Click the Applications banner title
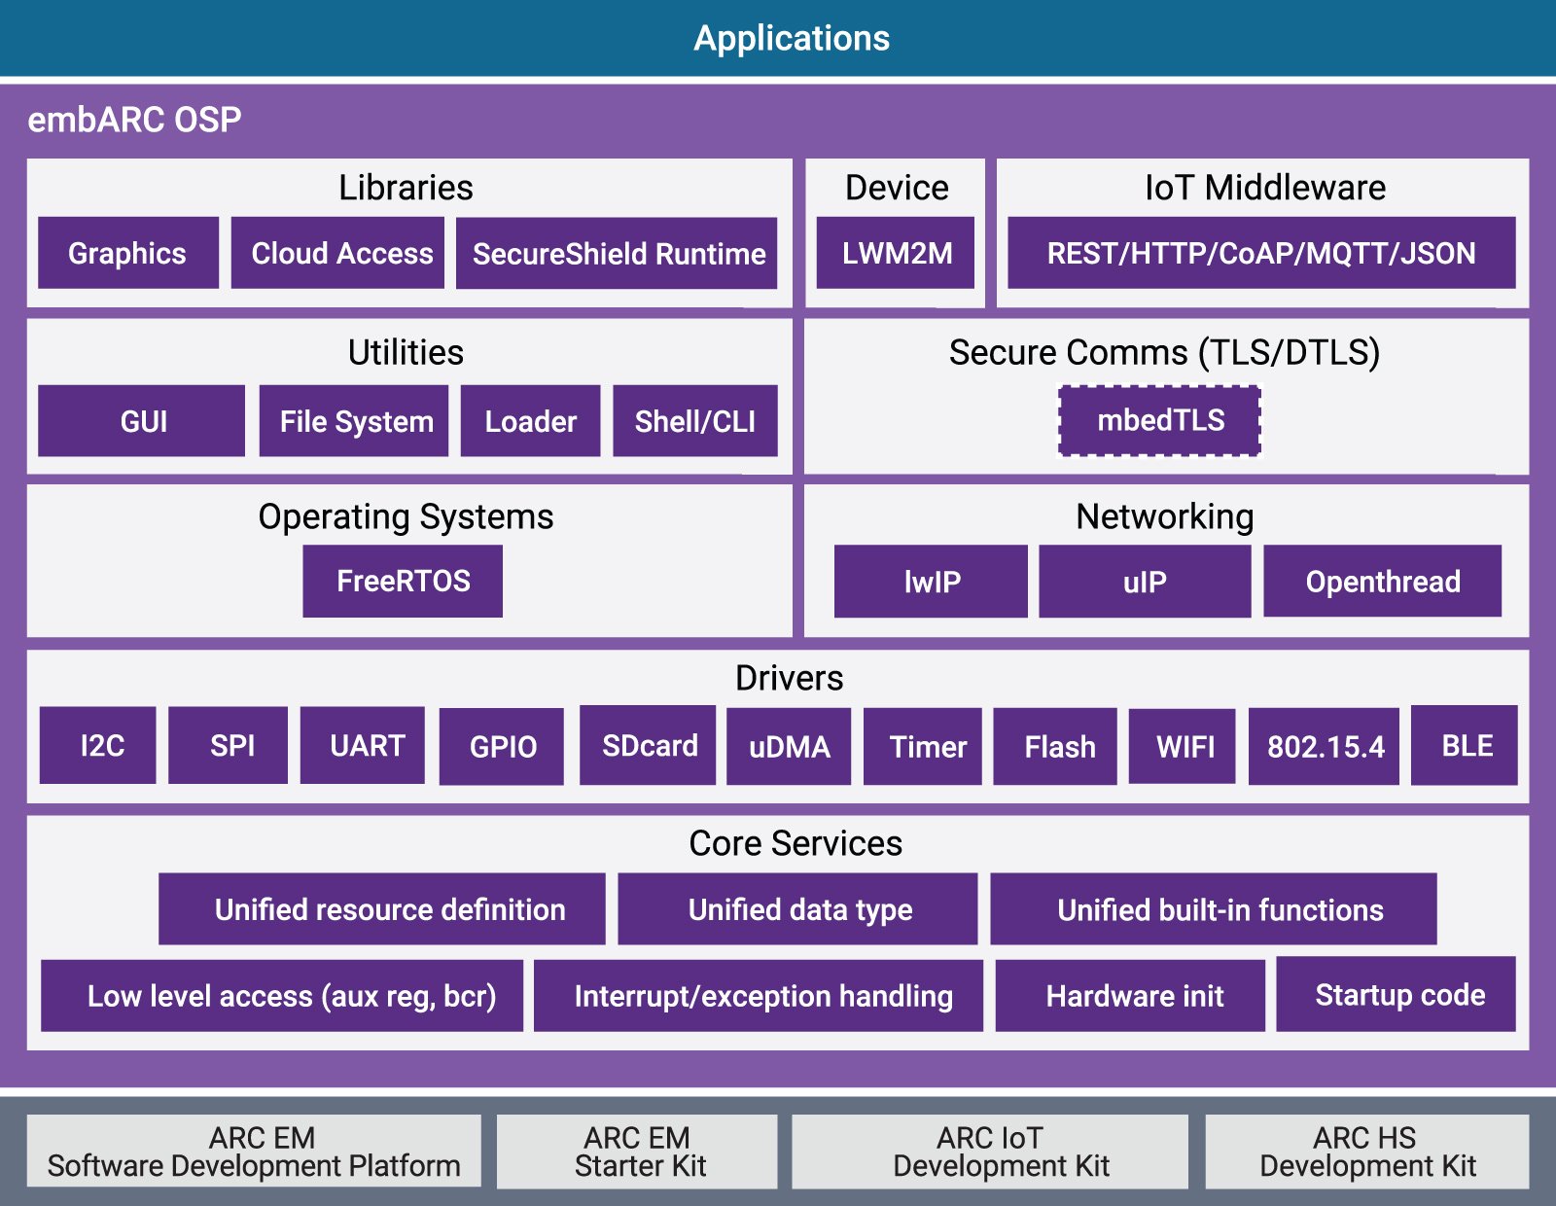pyautogui.click(x=791, y=38)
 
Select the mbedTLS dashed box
pyautogui.click(x=1159, y=420)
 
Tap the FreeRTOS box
pyautogui.click(x=403, y=581)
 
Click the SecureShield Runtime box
pyautogui.click(x=617, y=254)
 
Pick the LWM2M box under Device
pyautogui.click(x=896, y=253)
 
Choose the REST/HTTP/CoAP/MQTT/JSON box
pyautogui.click(x=1260, y=253)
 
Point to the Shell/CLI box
pyautogui.click(x=694, y=421)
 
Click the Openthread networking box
pyautogui.click(x=1382, y=582)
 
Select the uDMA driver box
pyautogui.click(x=789, y=746)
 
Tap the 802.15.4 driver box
pyautogui.click(x=1324, y=746)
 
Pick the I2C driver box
pyautogui.click(x=98, y=746)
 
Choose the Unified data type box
pyautogui.click(x=797, y=909)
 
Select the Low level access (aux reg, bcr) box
pyautogui.click(x=282, y=996)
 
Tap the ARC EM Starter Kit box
pyautogui.click(x=637, y=1152)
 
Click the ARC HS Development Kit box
pyautogui.click(x=1366, y=1152)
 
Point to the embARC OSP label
pyautogui.click(x=134, y=120)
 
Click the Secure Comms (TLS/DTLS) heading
pyautogui.click(x=1164, y=352)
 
